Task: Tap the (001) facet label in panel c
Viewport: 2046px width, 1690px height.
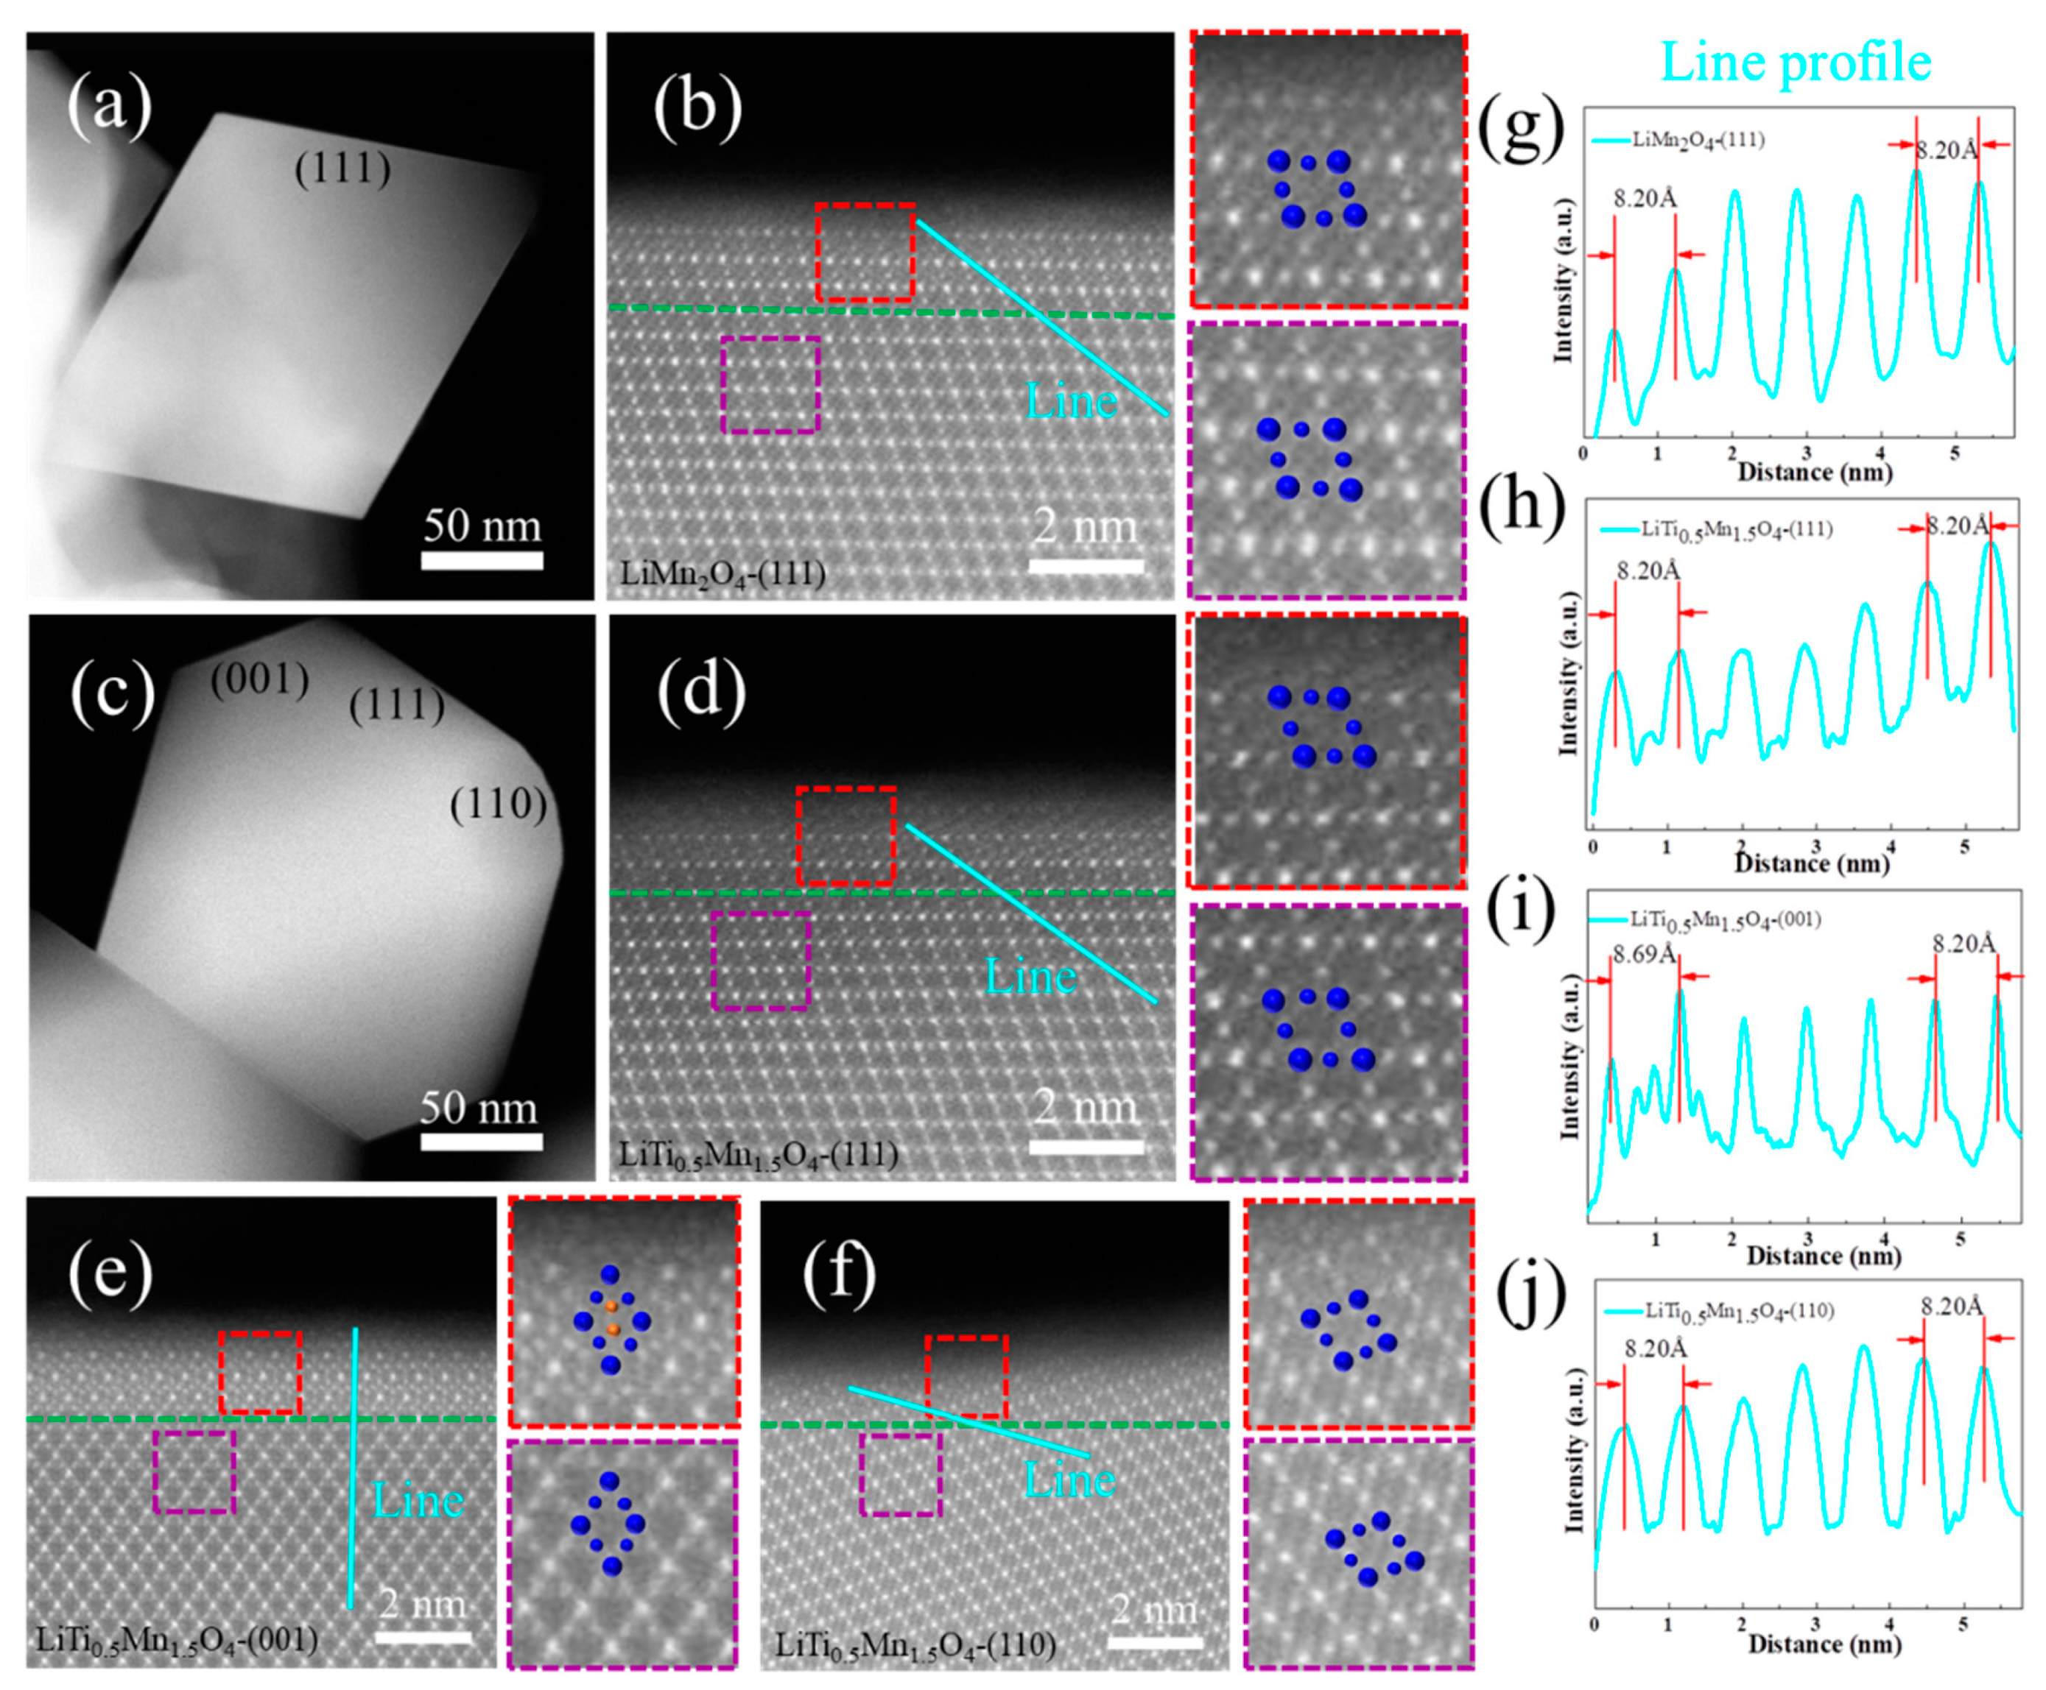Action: coord(259,679)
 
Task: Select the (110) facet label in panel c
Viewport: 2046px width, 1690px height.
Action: coord(498,804)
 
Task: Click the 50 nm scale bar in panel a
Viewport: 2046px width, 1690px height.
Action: coord(482,559)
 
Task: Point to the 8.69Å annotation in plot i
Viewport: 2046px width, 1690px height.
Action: coord(1643,953)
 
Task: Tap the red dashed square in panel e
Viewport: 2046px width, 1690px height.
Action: coord(259,1372)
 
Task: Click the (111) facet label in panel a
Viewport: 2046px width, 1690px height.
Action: coord(342,169)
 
